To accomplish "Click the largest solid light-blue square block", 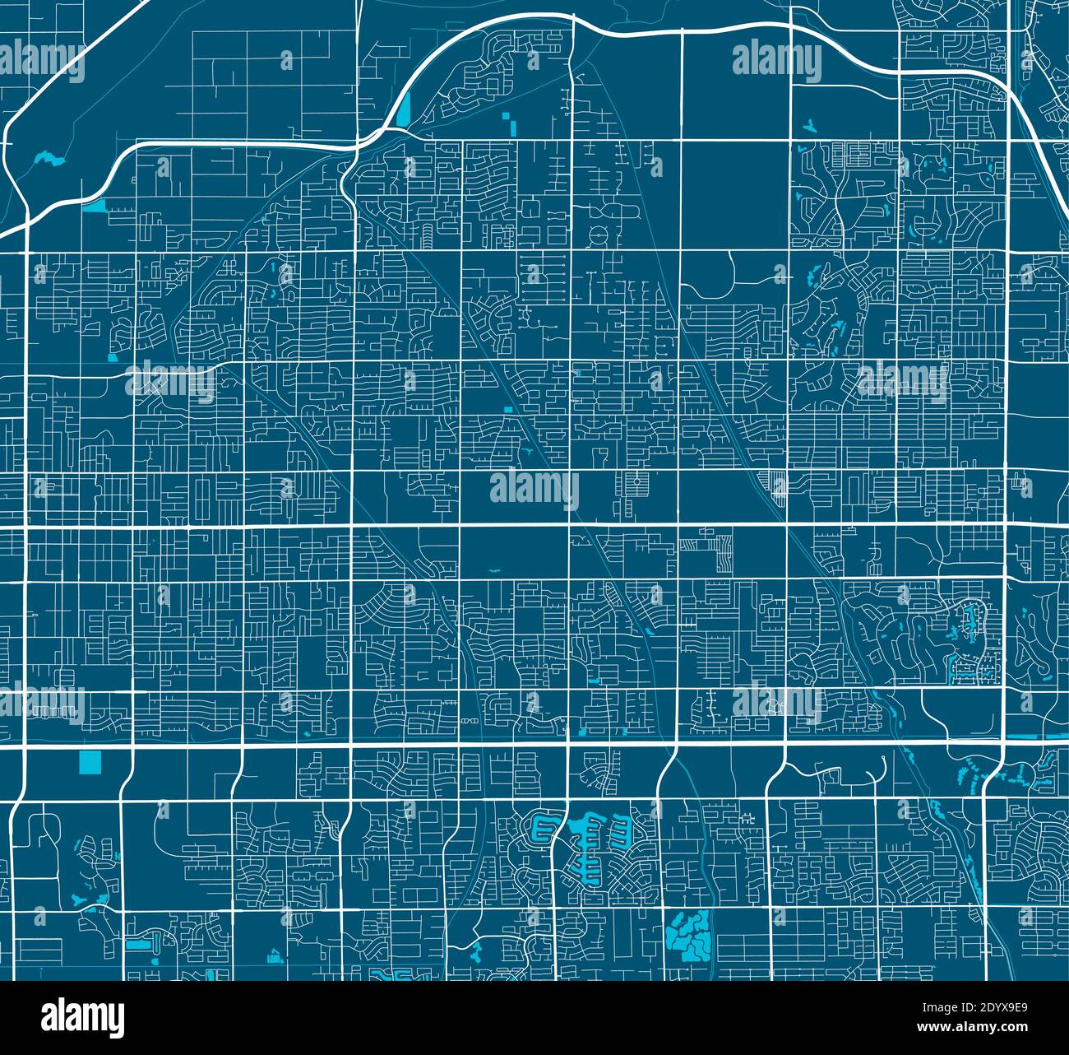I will point(89,763).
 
